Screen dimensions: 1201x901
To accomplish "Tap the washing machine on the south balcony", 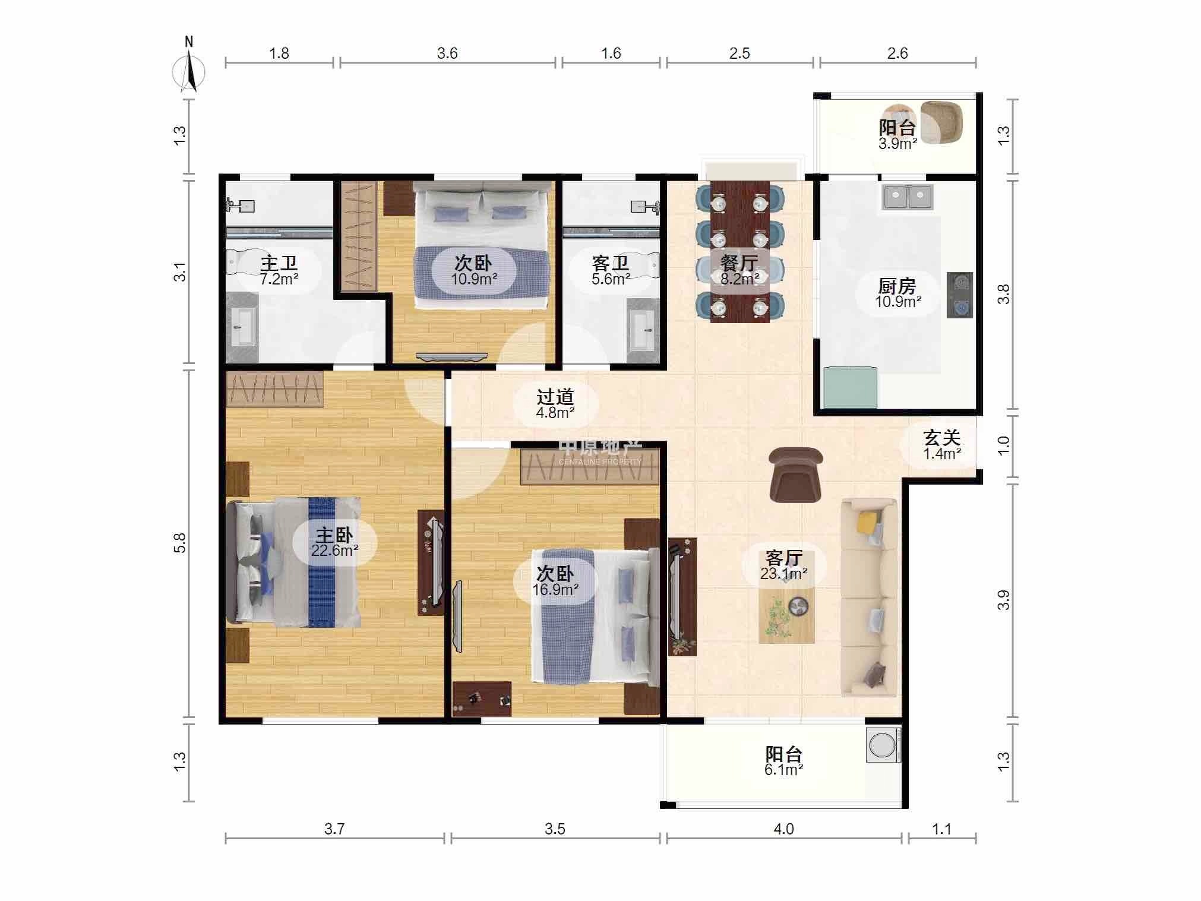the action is [883, 745].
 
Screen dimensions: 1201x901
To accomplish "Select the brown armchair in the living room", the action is [795, 475].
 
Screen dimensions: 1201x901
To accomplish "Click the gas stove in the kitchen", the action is [959, 295].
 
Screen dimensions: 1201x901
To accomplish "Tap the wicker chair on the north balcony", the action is [940, 122].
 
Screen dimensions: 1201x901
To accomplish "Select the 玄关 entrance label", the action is [941, 438].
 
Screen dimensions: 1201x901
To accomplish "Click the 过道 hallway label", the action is [555, 397].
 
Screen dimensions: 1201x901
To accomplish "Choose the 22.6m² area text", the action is [334, 551].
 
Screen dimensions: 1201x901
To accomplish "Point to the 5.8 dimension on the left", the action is [179, 543].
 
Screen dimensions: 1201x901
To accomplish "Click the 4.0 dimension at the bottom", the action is [783, 829].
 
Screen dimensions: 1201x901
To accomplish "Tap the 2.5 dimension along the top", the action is [739, 53].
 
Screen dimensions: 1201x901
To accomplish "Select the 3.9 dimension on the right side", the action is [1003, 600].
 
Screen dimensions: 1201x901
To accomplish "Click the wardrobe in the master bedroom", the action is [274, 389].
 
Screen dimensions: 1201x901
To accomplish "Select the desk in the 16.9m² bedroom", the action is [482, 698].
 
